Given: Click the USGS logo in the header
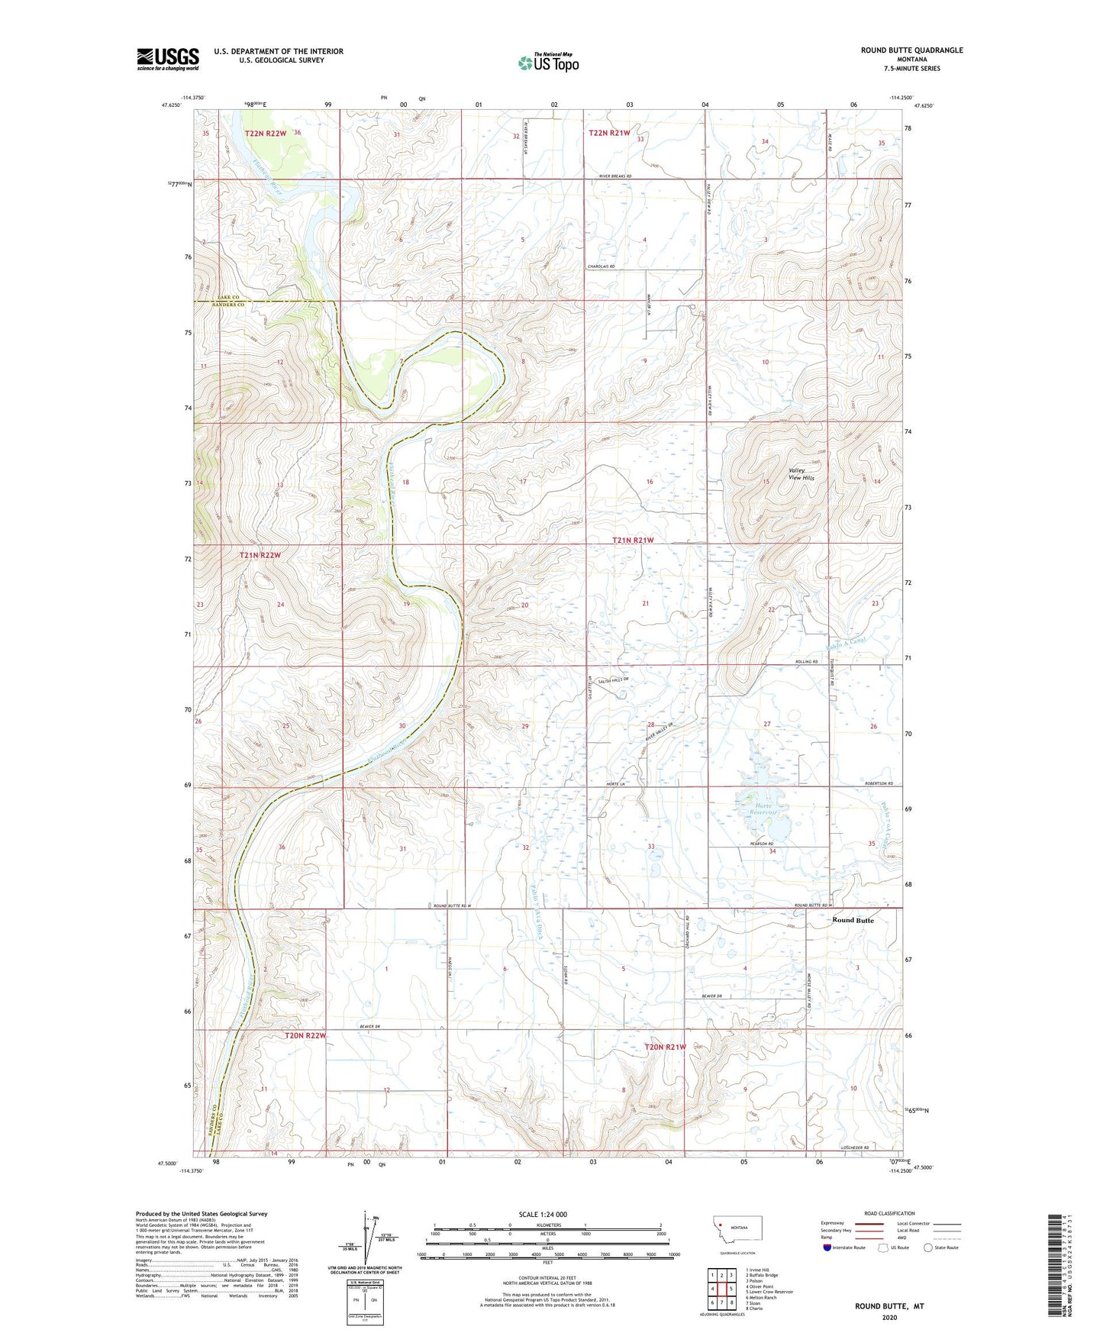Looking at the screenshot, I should click(168, 58).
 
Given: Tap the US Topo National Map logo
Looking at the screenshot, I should click(548, 62).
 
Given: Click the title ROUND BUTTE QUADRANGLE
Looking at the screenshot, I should click(911, 50).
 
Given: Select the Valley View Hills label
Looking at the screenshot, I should click(801, 474).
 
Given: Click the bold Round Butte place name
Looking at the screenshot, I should click(853, 920).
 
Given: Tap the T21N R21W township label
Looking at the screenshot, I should click(633, 540).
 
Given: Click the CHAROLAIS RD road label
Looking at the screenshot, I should click(601, 266).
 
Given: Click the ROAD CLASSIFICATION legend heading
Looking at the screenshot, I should click(889, 1213).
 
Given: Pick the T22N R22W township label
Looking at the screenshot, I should click(266, 134).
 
